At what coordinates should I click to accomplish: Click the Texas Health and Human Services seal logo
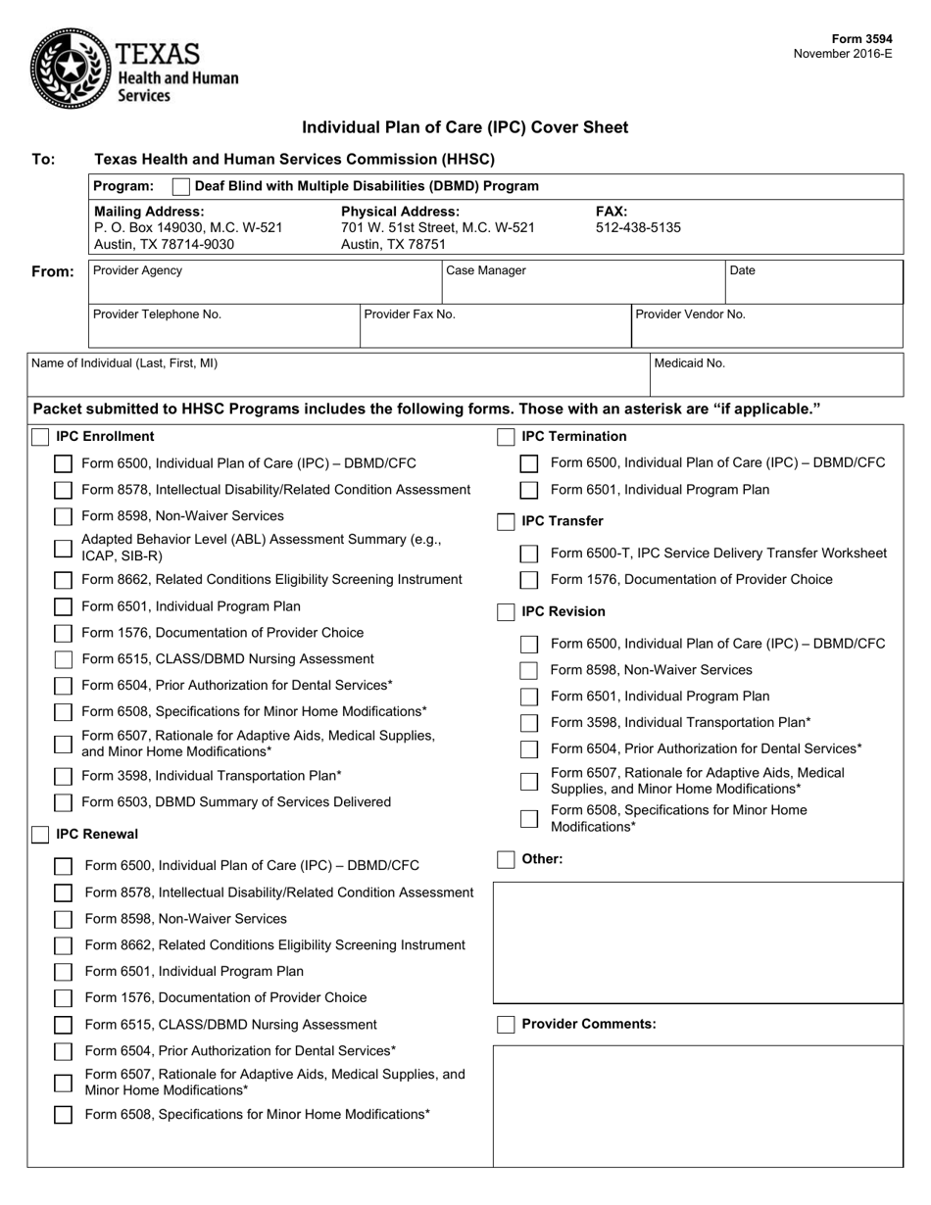tap(69, 67)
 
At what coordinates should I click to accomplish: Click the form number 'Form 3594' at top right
tap(861, 39)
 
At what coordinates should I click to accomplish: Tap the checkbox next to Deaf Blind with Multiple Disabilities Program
tap(180, 186)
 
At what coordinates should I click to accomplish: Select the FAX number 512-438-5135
tap(638, 227)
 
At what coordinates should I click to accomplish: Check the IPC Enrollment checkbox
tap(40, 437)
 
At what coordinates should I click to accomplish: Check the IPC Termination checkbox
tap(506, 437)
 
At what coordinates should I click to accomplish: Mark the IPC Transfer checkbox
tap(506, 522)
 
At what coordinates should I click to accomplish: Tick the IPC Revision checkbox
tap(506, 612)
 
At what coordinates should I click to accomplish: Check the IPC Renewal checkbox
tap(40, 835)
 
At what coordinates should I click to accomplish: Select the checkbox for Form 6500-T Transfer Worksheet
tap(529, 554)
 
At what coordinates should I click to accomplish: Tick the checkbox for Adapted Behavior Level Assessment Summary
tap(63, 549)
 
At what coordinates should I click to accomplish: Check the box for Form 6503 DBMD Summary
tap(63, 803)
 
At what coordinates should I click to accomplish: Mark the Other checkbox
tap(506, 860)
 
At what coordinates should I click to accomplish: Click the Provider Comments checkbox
tap(506, 1025)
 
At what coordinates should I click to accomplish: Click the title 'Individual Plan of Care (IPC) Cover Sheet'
tap(465, 127)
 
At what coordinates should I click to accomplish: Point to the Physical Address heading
tap(400, 212)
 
